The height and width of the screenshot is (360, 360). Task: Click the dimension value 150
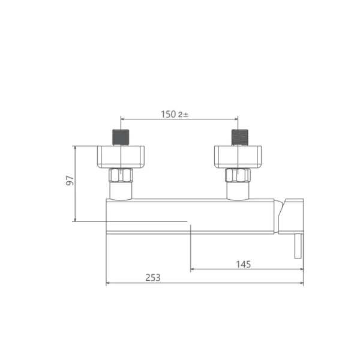(168, 115)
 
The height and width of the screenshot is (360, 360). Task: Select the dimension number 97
(70, 181)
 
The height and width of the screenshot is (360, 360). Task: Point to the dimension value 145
(244, 264)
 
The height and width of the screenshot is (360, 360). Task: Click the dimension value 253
(153, 278)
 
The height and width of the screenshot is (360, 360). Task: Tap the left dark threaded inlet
(121, 137)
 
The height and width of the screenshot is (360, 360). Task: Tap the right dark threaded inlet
(239, 137)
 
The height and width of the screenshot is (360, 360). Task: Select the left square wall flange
(121, 157)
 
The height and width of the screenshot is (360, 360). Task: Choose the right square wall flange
(238, 157)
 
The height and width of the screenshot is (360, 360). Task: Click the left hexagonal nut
(121, 175)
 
